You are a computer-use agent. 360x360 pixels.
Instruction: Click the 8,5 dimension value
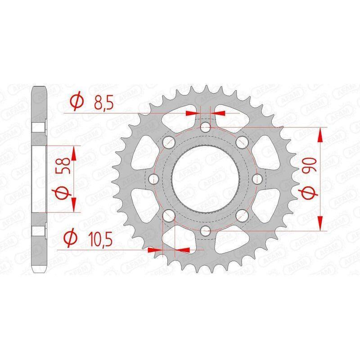click(103, 103)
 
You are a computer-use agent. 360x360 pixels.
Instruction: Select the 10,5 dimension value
click(100, 239)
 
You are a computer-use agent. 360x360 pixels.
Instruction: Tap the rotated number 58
click(65, 165)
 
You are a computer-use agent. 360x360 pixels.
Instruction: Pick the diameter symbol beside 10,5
click(70, 238)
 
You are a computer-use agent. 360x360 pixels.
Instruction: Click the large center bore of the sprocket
click(206, 179)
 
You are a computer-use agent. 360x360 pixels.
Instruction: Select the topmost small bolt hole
click(205, 127)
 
